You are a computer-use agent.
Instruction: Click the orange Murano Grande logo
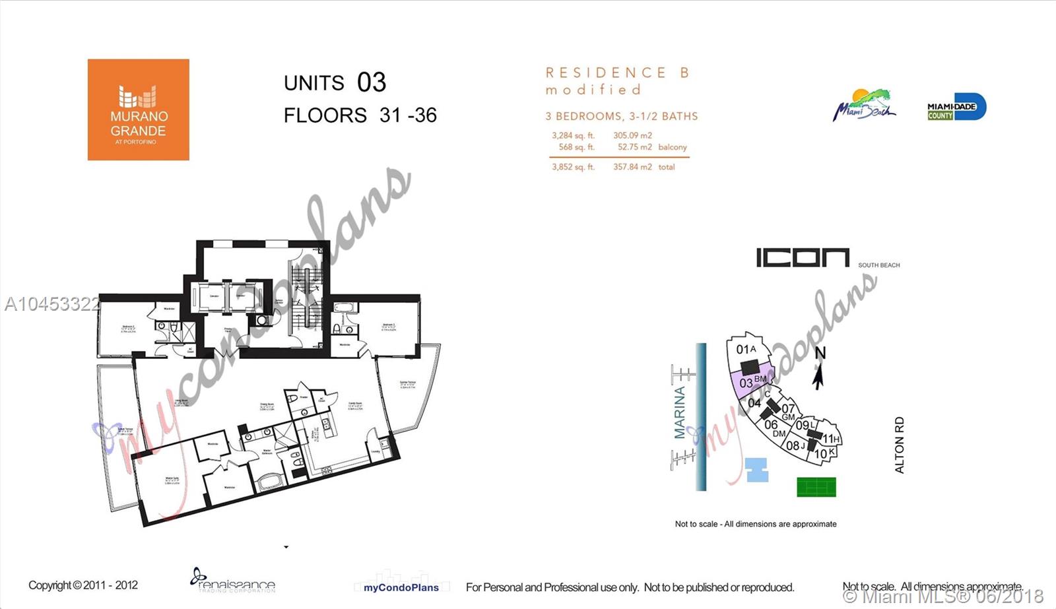(x=138, y=110)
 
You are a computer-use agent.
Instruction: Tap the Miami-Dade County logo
(x=956, y=107)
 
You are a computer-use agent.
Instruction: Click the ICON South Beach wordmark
(x=803, y=258)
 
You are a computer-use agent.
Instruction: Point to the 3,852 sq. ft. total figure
(x=573, y=167)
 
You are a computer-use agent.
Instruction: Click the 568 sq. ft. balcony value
(x=576, y=147)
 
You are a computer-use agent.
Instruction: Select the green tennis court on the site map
(x=816, y=487)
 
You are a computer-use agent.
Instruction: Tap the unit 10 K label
(x=824, y=453)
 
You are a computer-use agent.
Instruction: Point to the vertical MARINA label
(x=680, y=412)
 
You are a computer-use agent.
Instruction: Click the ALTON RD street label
(x=899, y=445)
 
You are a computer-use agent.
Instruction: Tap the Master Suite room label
(x=173, y=480)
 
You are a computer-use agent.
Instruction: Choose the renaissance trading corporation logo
(x=232, y=581)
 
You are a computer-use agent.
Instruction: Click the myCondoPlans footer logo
(x=401, y=586)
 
